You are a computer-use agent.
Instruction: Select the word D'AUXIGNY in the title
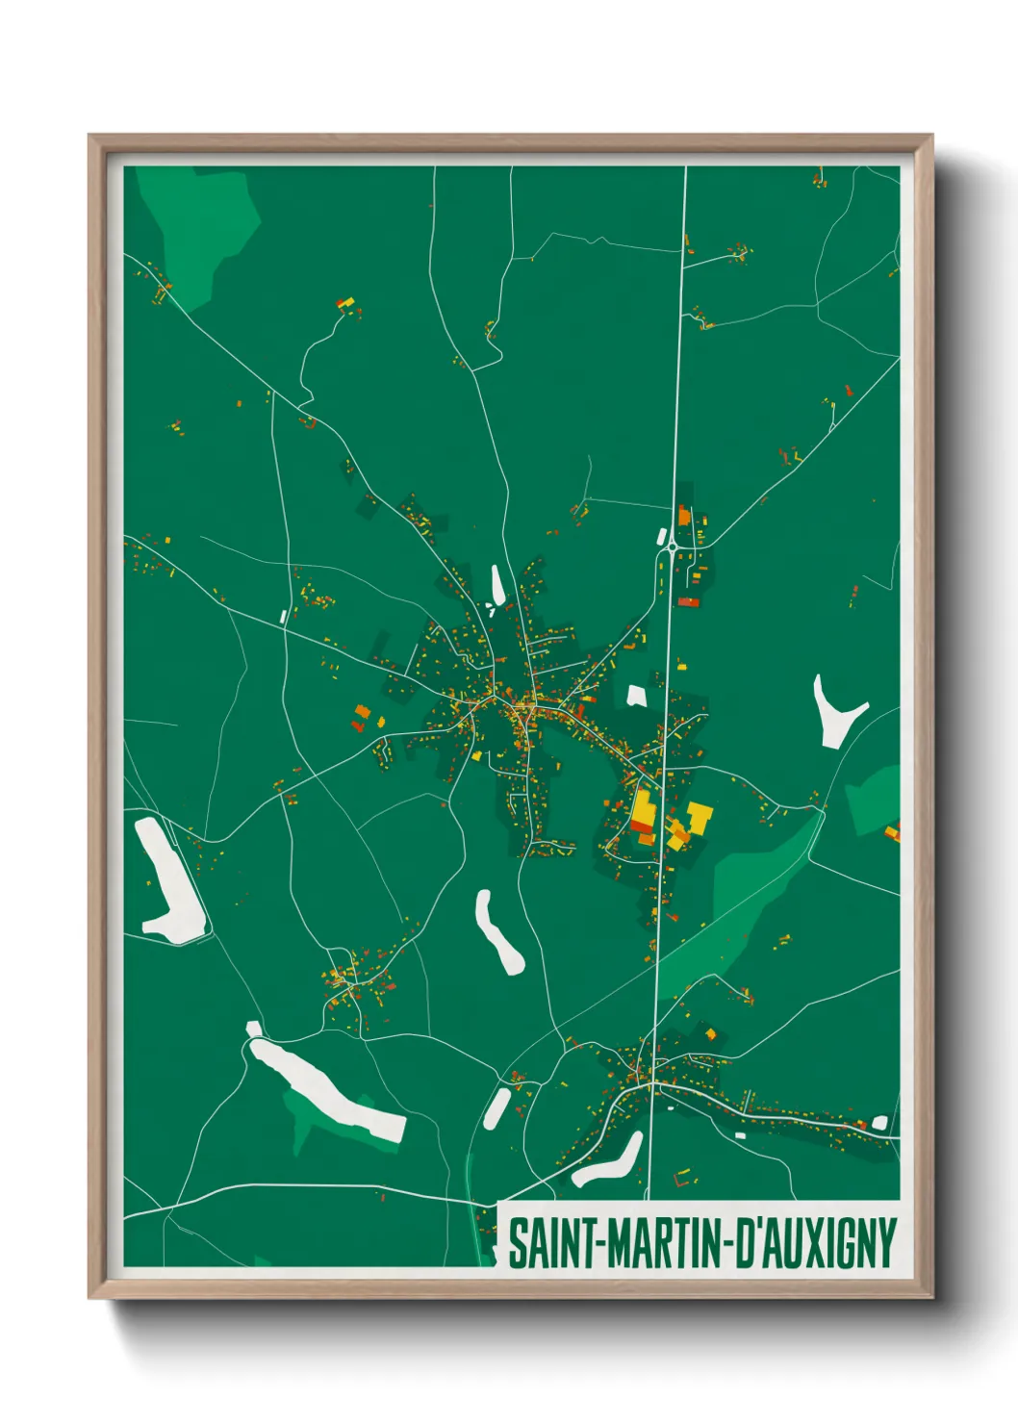(817, 1243)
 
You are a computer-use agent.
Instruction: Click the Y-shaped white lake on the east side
(833, 712)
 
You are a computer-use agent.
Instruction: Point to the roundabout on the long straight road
(670, 549)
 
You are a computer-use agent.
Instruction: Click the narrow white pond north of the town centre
(497, 584)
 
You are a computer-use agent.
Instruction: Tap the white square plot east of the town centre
(636, 695)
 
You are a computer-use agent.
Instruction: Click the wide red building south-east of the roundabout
(688, 602)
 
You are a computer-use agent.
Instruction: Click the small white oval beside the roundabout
(662, 536)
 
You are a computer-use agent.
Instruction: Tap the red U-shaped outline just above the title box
(683, 1177)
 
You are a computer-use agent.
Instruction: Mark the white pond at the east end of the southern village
(878, 1122)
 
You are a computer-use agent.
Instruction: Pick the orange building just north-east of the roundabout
(684, 517)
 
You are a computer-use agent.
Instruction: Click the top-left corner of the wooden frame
(90, 137)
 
